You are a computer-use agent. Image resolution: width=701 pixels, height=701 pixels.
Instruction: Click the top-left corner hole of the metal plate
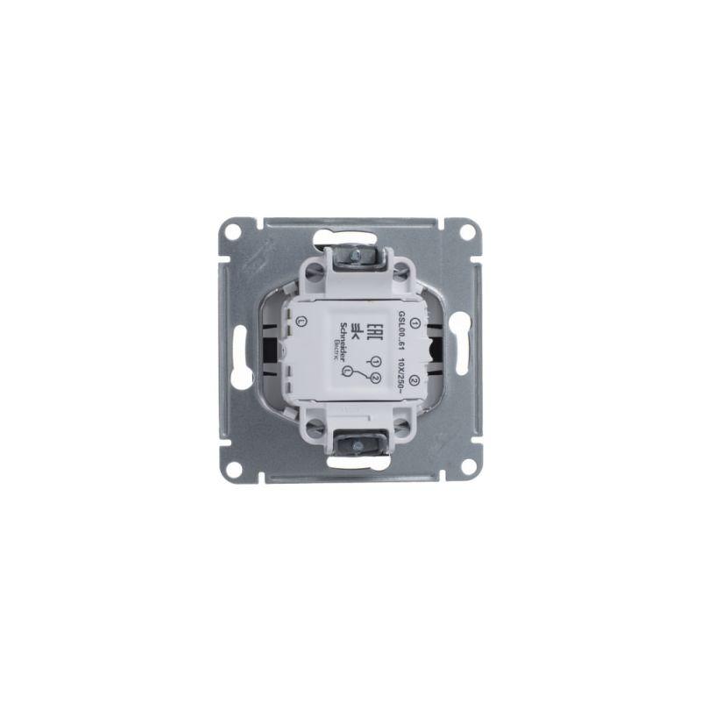pyautogui.click(x=232, y=232)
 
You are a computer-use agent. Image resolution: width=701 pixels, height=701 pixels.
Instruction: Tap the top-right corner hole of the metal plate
pyautogui.click(x=467, y=231)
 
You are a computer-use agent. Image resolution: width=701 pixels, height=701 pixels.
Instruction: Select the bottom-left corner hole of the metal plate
pyautogui.click(x=232, y=469)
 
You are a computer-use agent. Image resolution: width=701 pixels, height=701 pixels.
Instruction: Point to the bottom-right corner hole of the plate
pyautogui.click(x=467, y=469)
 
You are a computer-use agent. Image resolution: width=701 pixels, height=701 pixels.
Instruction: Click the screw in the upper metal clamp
pyautogui.click(x=358, y=256)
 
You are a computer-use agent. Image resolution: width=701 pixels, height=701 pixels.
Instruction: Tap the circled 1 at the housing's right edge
pyautogui.click(x=414, y=322)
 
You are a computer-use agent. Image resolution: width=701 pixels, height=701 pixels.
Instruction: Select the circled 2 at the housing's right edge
pyautogui.click(x=414, y=378)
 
